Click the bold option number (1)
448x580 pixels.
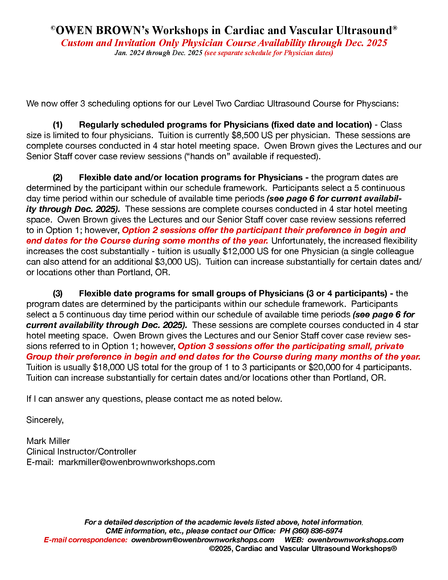[x=58, y=125]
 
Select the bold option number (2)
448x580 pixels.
[x=58, y=177]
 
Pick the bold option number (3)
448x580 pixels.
[x=58, y=293]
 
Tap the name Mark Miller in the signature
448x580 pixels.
[x=48, y=441]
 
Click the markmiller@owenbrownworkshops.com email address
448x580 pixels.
[x=137, y=462]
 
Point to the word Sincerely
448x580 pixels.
[x=45, y=420]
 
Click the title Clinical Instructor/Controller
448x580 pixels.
[x=81, y=451]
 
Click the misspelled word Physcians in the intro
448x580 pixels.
[x=377, y=104]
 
